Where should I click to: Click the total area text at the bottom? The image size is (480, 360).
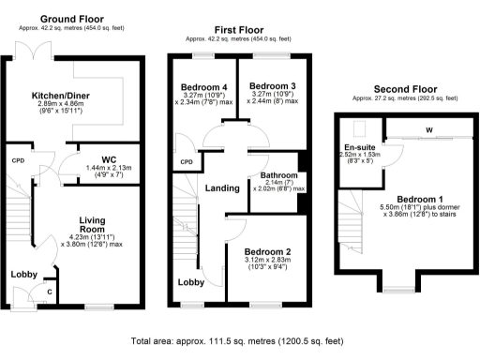point(240,341)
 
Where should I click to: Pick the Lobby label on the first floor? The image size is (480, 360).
point(192,281)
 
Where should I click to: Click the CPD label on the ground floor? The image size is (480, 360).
point(17,160)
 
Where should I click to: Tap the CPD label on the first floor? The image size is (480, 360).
point(186,161)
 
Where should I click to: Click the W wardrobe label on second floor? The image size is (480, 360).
point(428,130)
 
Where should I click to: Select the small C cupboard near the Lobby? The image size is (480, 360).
point(49,292)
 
